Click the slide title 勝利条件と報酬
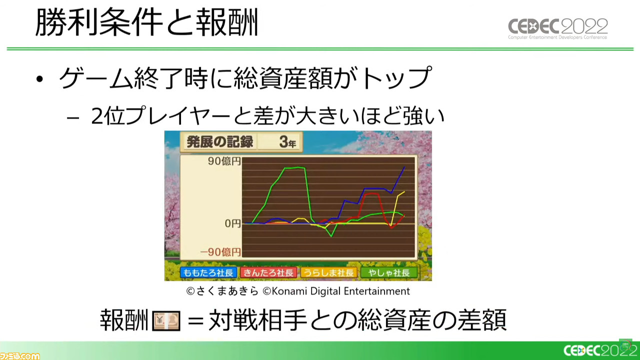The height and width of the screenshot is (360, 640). point(146,22)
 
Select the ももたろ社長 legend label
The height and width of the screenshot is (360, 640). point(208,272)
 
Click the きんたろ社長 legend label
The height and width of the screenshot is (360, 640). point(268,272)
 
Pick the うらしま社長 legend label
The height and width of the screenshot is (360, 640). point(329,272)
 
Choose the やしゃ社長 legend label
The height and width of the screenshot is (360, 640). point(389,272)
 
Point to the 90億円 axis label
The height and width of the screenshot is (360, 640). point(224,161)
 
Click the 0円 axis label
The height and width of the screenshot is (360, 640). point(232,223)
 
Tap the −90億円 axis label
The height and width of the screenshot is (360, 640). point(220,252)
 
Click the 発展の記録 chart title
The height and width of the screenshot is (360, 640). point(219,141)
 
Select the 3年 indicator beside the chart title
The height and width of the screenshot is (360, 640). point(287,142)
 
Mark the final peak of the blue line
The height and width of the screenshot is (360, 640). point(404,167)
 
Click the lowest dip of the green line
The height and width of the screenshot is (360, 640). point(331,236)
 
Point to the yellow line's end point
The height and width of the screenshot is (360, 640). point(404,191)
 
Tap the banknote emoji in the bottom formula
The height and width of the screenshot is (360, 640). point(166,320)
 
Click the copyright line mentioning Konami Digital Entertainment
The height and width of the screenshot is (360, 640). point(298,291)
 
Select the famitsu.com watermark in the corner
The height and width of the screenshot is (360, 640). point(19,356)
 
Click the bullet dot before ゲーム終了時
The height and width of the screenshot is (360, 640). point(39,79)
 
